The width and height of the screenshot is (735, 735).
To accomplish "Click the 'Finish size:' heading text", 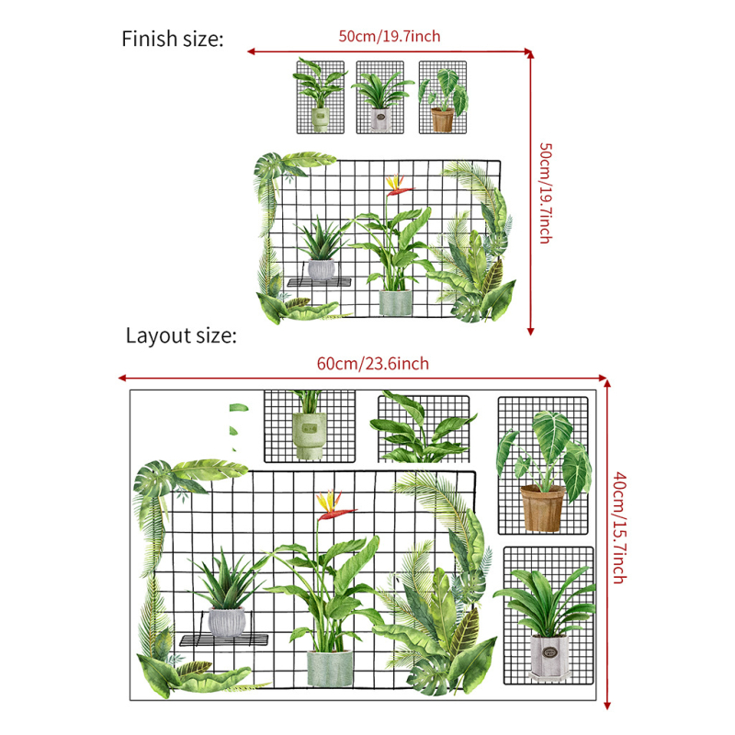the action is click(173, 39).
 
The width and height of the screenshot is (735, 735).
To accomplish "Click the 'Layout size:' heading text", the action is click(181, 336).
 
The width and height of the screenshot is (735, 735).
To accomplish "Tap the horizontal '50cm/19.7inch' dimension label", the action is click(390, 37).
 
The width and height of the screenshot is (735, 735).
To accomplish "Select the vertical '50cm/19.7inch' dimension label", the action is click(546, 193).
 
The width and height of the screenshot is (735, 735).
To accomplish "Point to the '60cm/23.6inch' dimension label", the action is click(373, 364).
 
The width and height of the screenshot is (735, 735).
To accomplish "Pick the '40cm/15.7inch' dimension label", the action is click(620, 527).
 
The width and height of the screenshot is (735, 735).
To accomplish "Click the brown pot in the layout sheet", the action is click(542, 509).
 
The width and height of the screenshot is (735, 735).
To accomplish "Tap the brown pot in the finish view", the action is click(443, 120).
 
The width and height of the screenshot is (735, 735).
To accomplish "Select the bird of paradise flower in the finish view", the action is click(398, 185).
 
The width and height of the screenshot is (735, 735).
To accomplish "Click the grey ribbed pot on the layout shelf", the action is click(227, 622).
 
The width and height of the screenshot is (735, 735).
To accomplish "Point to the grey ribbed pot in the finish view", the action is click(322, 269).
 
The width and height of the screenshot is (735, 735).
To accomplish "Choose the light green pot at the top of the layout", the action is click(309, 435).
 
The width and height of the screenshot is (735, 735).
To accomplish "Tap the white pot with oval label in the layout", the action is click(549, 656).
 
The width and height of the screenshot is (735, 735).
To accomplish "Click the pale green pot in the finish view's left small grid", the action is click(321, 120).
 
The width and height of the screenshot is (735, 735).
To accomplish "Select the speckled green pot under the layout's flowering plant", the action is click(330, 669).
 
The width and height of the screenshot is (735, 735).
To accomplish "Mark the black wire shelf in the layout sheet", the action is click(224, 639).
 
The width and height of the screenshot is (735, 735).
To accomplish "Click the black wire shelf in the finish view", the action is click(319, 282).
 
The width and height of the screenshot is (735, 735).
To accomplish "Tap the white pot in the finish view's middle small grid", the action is click(380, 119).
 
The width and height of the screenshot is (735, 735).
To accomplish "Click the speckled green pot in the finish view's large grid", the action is click(395, 303).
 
